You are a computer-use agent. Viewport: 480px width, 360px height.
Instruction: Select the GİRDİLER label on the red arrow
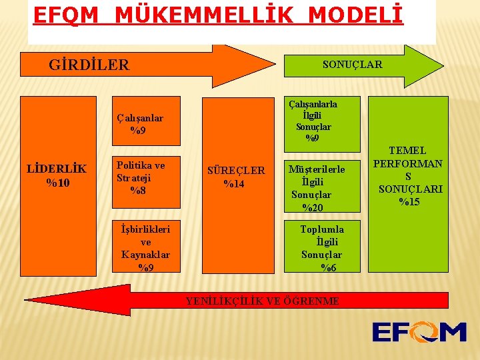(x=89, y=65)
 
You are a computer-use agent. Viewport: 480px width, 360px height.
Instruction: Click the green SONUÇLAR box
(x=352, y=64)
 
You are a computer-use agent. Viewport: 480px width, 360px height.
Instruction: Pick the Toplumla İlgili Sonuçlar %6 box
(x=322, y=247)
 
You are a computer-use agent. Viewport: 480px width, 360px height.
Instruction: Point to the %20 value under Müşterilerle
(x=312, y=207)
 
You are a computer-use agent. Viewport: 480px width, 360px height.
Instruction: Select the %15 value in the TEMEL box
(x=409, y=201)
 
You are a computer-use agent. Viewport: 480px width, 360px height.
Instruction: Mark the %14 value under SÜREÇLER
(x=233, y=184)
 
